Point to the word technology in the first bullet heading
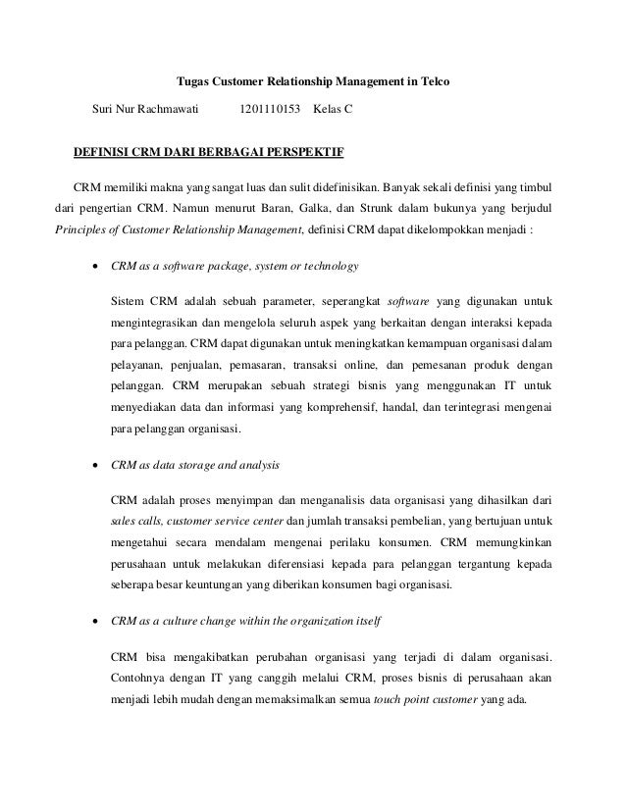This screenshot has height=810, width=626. (x=329, y=266)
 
